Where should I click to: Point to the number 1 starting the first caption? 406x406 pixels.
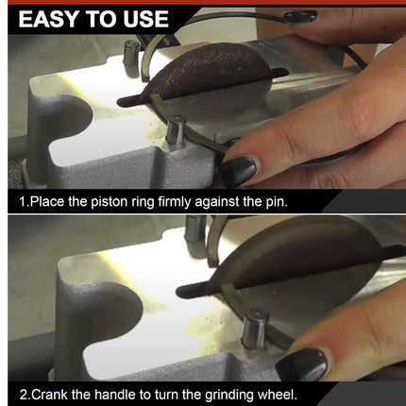pyautogui.click(x=22, y=202)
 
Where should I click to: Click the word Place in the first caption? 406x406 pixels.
pyautogui.click(x=48, y=202)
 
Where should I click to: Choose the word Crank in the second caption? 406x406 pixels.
pyautogui.click(x=51, y=394)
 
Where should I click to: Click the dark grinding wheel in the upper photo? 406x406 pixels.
pyautogui.click(x=211, y=76)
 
